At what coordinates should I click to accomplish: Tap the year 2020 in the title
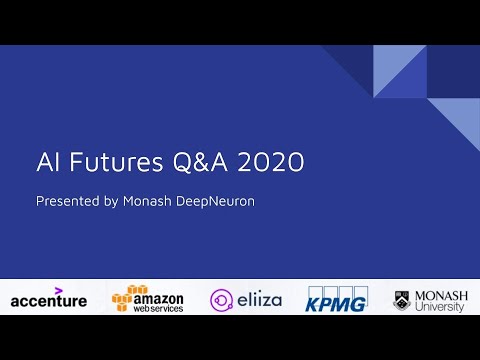(x=271, y=163)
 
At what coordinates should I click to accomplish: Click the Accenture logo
(x=48, y=299)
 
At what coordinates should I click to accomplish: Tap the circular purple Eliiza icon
(x=222, y=299)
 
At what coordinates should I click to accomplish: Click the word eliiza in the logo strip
(x=261, y=299)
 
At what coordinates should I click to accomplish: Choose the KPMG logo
(x=337, y=298)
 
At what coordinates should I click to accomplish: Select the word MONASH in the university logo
(x=441, y=294)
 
